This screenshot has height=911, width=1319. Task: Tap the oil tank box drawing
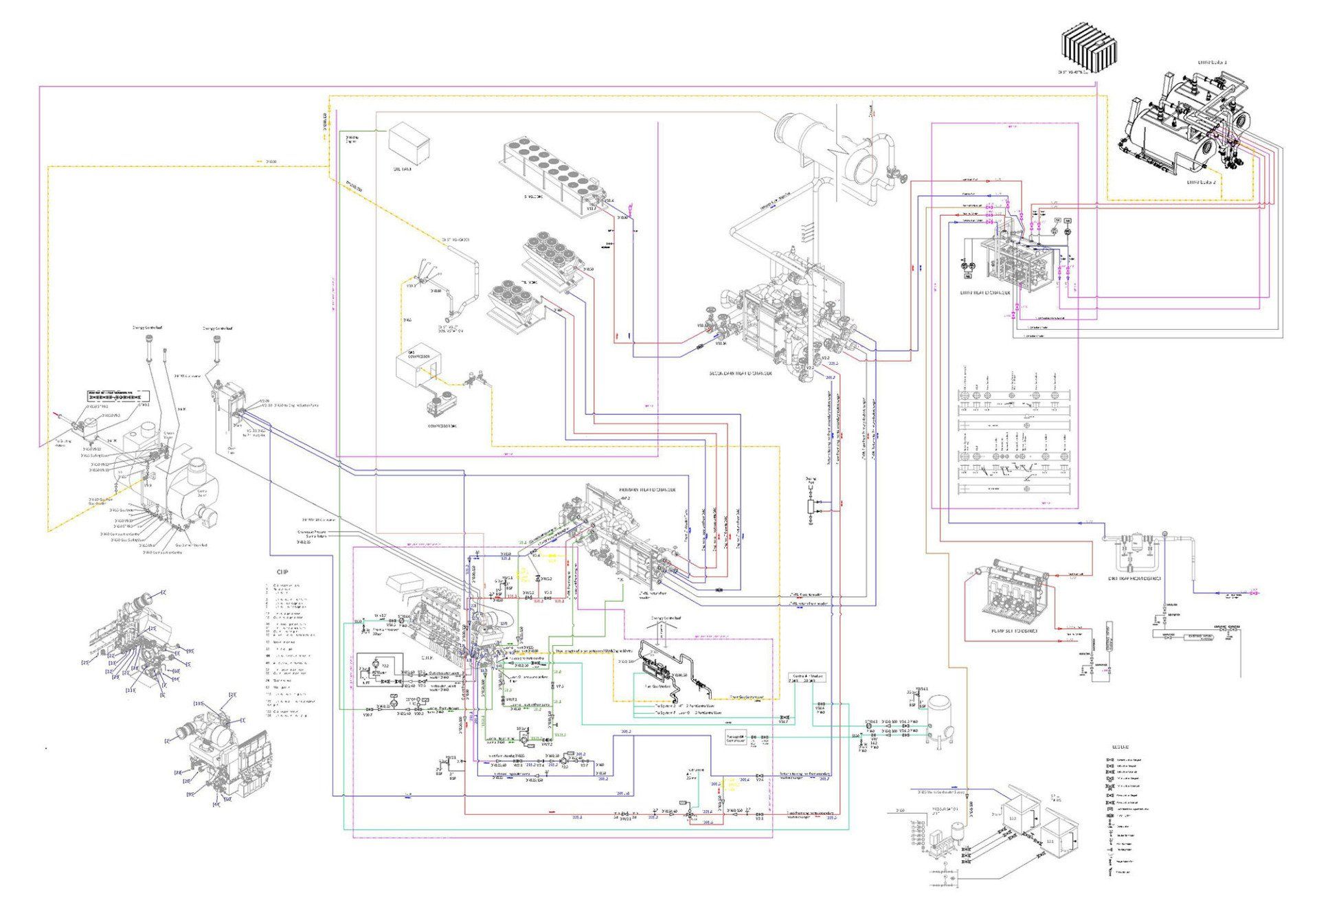409,142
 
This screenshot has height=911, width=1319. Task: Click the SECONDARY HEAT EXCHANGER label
741,374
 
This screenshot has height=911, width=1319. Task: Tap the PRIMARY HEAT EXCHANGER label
649,490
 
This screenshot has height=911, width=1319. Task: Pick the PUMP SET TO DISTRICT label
1014,631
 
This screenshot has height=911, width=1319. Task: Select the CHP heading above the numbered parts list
282,572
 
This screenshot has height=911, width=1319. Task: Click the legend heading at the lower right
1120,747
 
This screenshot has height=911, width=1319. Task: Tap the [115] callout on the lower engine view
200,704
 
